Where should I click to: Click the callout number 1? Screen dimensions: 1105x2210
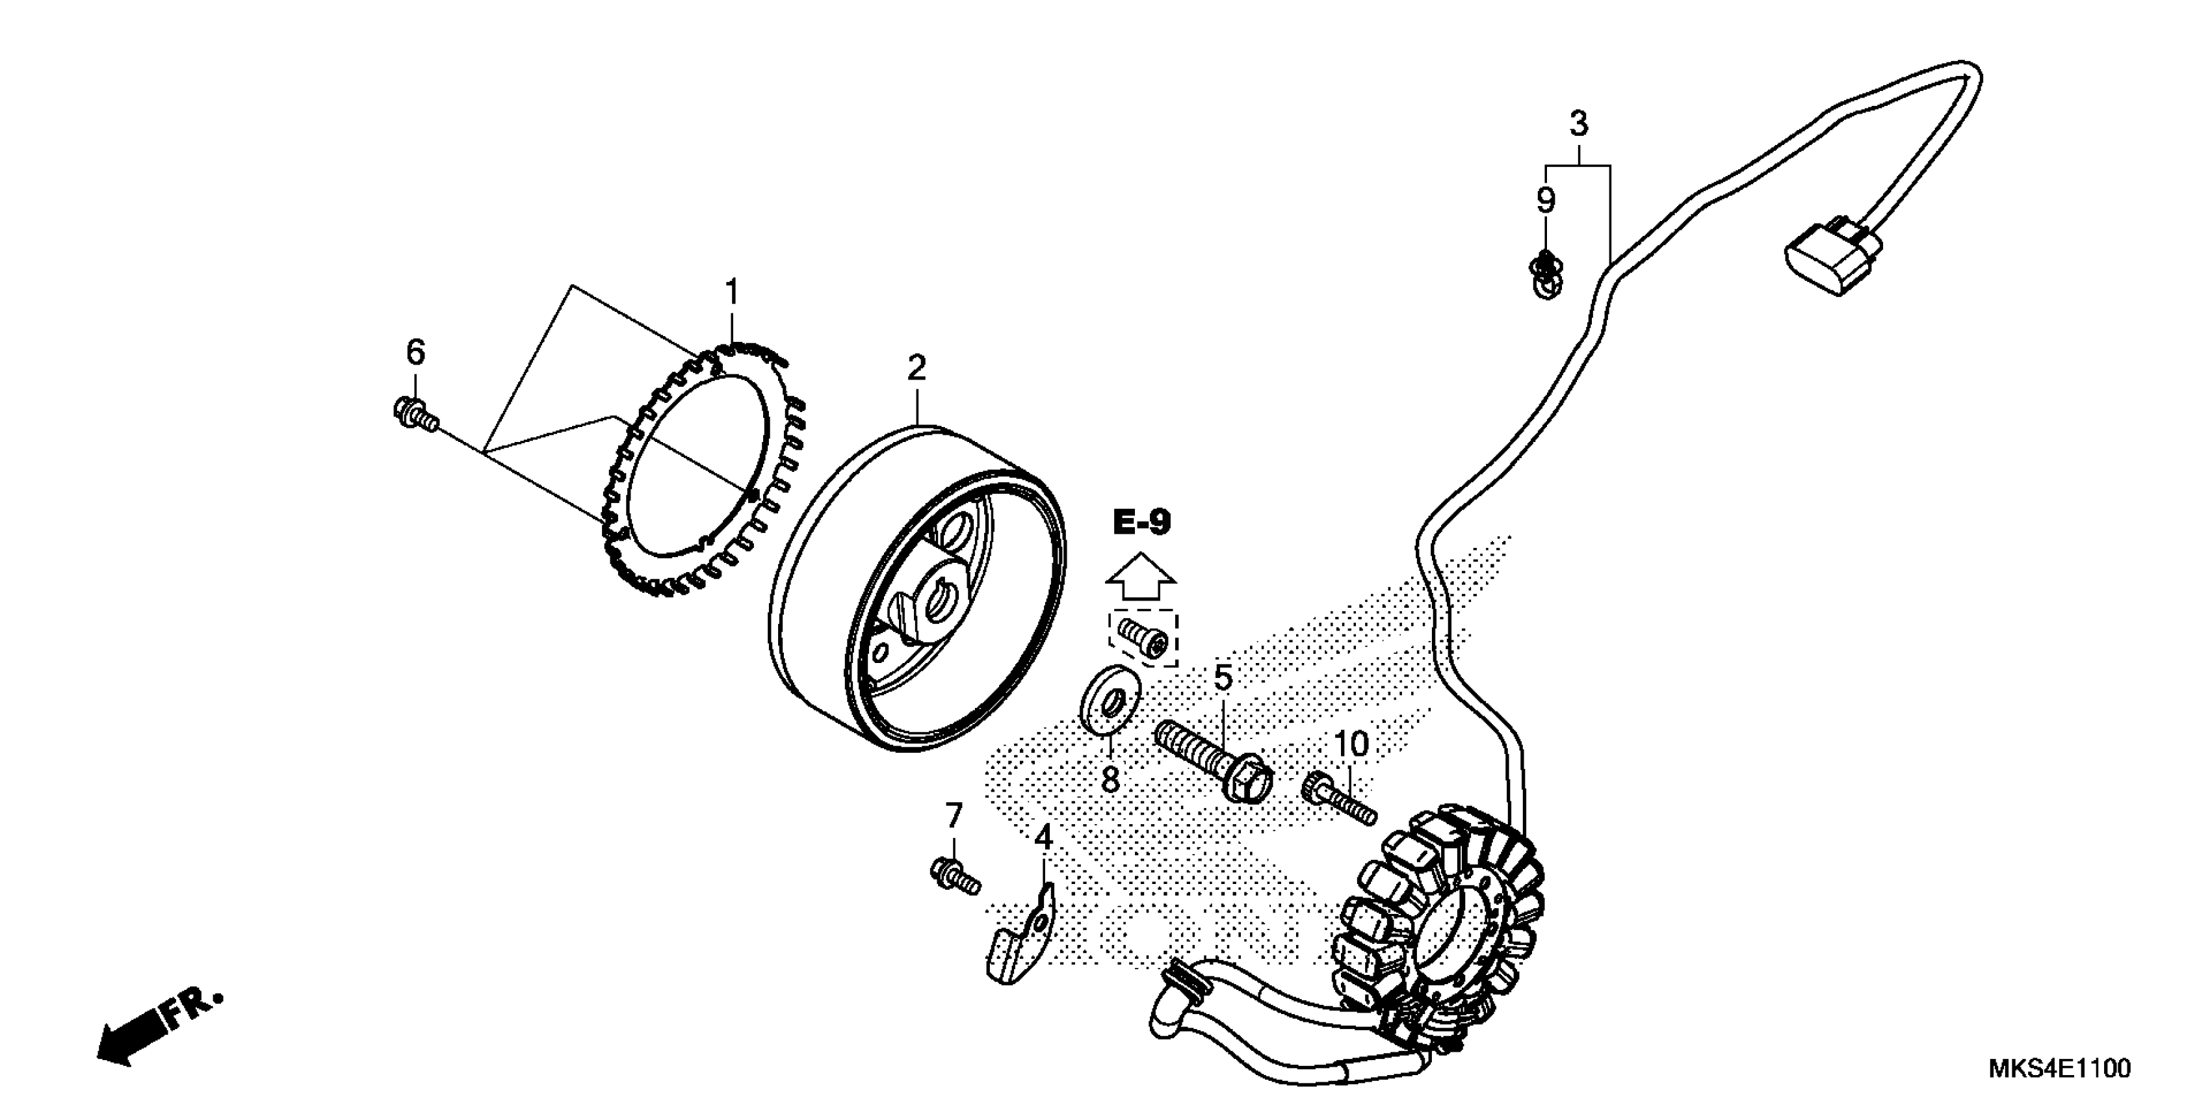731,293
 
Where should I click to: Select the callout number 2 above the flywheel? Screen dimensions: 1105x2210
916,369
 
